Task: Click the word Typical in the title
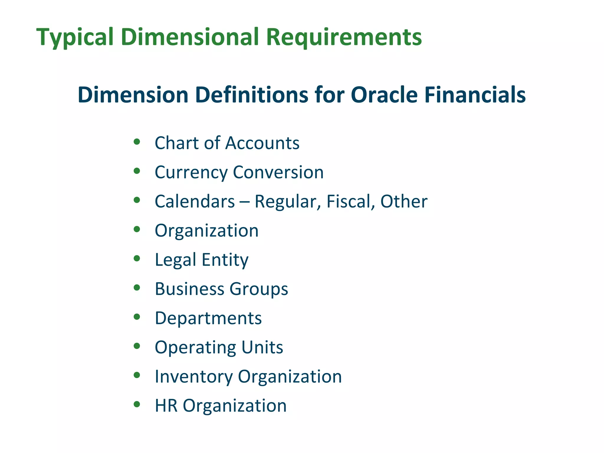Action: tap(75, 37)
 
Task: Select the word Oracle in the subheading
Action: tap(384, 95)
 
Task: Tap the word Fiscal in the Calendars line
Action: tap(348, 201)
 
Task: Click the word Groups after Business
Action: tap(259, 289)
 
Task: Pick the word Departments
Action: tap(208, 318)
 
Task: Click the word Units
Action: tap(262, 347)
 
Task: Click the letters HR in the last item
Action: tap(166, 406)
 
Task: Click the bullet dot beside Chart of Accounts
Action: tap(137, 142)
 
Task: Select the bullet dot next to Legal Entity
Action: tap(137, 259)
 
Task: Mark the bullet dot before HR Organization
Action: tap(137, 404)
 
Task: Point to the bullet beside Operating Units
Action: tap(137, 346)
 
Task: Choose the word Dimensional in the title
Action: tap(190, 37)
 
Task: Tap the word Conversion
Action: tap(278, 172)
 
